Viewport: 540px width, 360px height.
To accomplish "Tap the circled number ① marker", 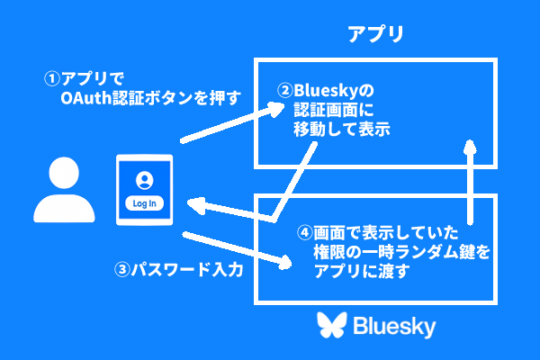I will [x=52, y=78].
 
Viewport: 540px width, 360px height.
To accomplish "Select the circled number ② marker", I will [x=283, y=91].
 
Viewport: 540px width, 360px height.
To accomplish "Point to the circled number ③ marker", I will [x=122, y=269].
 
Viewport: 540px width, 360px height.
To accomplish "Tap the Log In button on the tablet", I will [x=145, y=202].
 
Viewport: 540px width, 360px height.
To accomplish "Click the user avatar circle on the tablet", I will [x=145, y=177].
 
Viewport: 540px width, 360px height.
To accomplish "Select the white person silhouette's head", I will [x=64, y=172].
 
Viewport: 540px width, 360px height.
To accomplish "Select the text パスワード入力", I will [x=190, y=269].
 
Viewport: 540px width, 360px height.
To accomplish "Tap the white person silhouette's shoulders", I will [x=64, y=208].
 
